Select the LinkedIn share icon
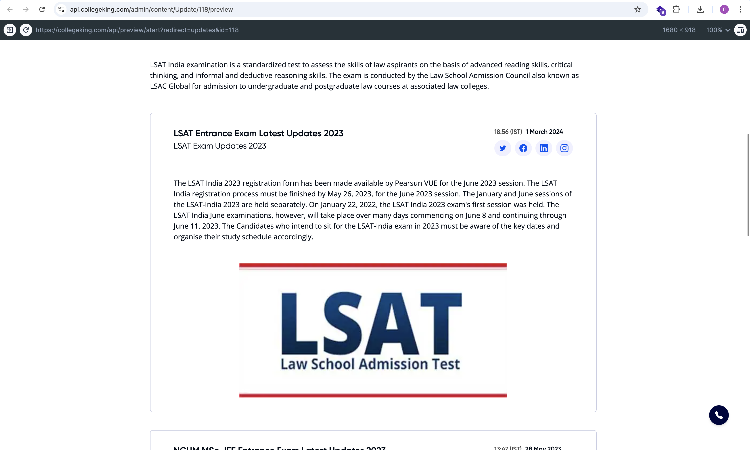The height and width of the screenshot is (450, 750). [x=544, y=148]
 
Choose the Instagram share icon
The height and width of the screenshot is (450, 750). [x=564, y=148]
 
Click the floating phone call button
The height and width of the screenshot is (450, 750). [x=719, y=415]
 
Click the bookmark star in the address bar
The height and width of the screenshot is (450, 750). [x=637, y=9]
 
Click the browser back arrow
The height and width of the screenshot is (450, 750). [x=10, y=9]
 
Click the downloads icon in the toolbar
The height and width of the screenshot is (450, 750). [x=700, y=9]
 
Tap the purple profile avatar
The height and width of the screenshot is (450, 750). [x=724, y=9]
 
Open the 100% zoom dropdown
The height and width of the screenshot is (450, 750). [x=718, y=30]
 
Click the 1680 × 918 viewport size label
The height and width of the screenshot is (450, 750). [x=679, y=30]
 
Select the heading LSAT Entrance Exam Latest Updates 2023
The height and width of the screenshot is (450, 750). [x=258, y=133]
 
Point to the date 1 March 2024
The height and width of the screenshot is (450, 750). [x=544, y=132]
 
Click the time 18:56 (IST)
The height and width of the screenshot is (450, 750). [x=508, y=132]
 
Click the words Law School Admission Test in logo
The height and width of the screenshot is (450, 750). [x=370, y=364]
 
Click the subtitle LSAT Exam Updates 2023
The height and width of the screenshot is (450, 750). [x=220, y=146]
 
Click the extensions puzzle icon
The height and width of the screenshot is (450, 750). [x=676, y=9]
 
